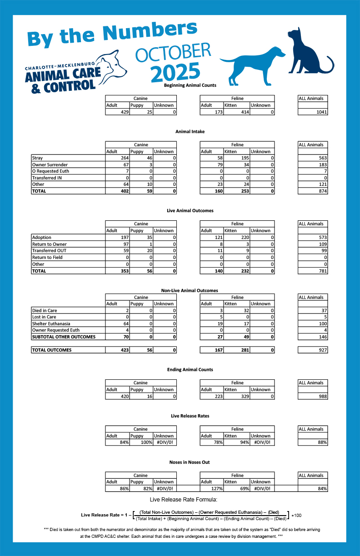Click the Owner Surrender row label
(x=50, y=164)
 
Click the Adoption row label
(x=42, y=237)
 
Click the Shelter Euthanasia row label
(x=51, y=323)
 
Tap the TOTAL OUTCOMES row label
(x=52, y=350)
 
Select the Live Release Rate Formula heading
(x=180, y=500)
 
